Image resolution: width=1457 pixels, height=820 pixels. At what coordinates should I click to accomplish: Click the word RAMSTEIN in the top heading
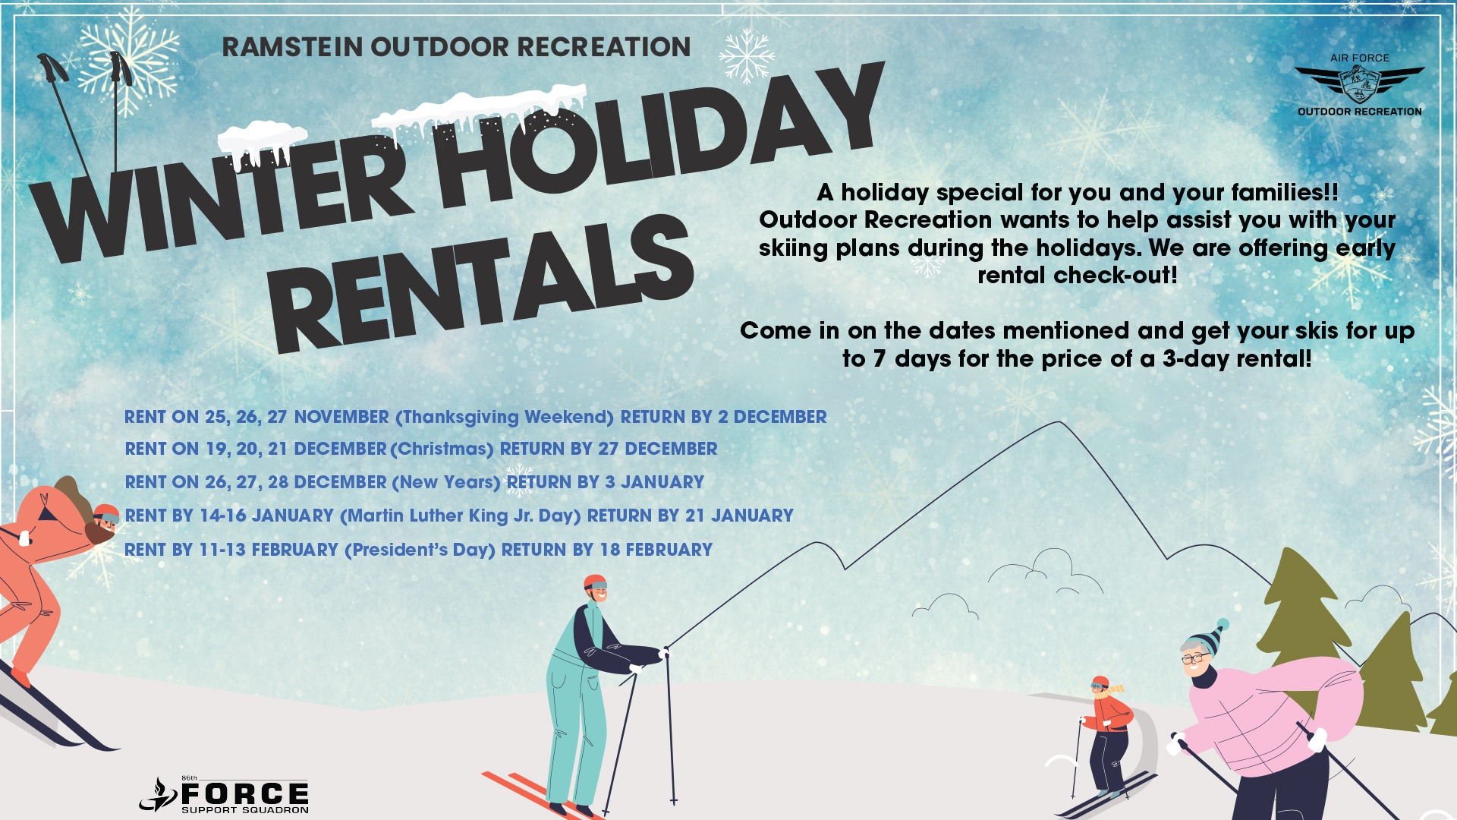[x=292, y=47]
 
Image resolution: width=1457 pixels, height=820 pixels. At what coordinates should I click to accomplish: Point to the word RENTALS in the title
[x=482, y=285]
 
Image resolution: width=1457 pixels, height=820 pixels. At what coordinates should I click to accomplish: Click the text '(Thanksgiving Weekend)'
[x=505, y=418]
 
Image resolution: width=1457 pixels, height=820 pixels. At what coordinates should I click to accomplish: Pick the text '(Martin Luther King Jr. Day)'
[x=460, y=516]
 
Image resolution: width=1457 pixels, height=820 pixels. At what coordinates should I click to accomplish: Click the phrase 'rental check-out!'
[x=1078, y=275]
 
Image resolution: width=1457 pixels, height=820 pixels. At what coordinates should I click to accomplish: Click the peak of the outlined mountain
[x=1060, y=422]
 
